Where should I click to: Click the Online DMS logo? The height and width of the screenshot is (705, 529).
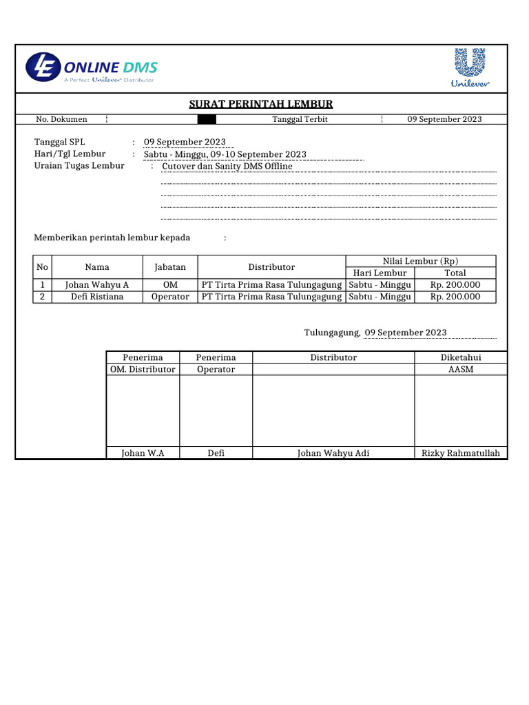coord(92,68)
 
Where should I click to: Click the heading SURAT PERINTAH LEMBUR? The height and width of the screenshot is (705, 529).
coord(261,104)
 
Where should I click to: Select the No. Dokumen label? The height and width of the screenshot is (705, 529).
coord(61,119)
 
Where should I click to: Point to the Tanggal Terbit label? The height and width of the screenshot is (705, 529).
coord(300,119)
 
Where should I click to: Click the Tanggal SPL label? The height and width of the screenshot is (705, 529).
coord(59,142)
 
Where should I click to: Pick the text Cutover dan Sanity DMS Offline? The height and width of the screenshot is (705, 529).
coord(227,166)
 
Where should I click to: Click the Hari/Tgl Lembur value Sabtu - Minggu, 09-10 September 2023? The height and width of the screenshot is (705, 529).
coord(225,154)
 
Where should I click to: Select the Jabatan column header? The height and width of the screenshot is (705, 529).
coord(169,267)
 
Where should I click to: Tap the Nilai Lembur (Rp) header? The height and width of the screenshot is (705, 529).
coord(420,261)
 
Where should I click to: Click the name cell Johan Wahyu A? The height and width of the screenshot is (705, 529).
coord(97,285)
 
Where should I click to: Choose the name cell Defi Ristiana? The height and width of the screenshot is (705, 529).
coord(97,297)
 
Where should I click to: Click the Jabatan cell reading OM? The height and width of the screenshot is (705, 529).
coord(169,285)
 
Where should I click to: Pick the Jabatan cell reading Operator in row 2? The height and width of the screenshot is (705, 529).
coord(170,297)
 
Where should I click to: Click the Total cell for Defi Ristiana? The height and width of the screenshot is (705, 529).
coord(455,297)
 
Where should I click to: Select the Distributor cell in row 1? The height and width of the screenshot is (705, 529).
coord(271,285)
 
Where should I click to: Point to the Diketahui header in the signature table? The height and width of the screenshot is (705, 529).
coord(461,357)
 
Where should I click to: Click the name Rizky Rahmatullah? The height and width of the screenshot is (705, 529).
coord(461,453)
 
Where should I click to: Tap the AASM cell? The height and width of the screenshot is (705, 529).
coord(461,369)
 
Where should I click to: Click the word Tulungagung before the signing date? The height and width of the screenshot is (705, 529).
coord(332,333)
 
